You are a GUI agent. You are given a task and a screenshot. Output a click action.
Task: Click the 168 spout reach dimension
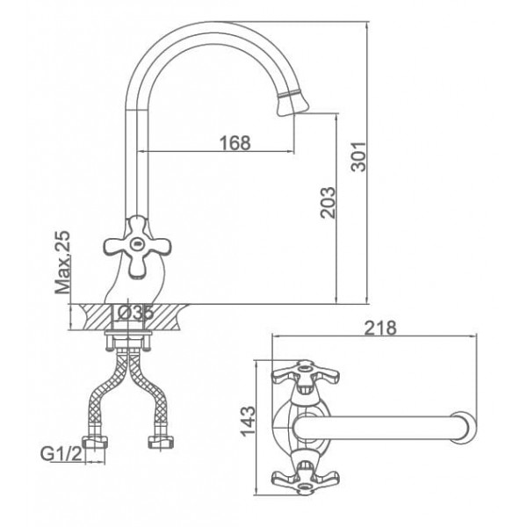coord(235,142)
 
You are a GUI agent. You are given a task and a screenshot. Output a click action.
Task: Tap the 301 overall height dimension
coord(358,156)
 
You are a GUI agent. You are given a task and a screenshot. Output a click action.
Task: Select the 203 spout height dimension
coord(328,203)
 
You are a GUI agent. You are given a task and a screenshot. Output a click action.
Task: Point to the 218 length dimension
coord(380,328)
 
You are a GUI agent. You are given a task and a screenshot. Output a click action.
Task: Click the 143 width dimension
coord(249,421)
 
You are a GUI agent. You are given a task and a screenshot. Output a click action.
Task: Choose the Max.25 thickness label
coord(63,262)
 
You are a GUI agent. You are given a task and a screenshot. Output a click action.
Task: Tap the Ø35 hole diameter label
coord(136,314)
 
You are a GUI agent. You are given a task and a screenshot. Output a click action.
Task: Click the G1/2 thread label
coord(61,454)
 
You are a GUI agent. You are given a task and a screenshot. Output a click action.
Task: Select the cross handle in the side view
coord(137,247)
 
